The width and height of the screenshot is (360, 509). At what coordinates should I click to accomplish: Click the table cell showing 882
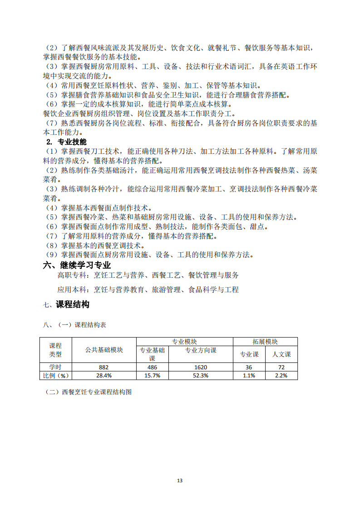104,367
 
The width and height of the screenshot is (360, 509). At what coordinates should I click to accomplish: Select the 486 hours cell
153,367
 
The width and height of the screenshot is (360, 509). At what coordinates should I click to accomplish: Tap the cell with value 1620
200,367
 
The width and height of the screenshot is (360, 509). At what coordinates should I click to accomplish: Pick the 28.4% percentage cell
104,376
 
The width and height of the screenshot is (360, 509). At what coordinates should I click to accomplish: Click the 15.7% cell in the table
153,376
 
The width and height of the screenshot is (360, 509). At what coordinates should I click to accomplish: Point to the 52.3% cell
200,376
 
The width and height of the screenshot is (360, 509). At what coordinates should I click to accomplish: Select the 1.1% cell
249,376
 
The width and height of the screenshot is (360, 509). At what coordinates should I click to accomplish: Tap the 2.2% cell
281,376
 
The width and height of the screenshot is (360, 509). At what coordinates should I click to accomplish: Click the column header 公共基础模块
104,350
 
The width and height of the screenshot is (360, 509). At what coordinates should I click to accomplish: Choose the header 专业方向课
200,351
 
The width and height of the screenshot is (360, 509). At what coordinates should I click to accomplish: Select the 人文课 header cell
281,354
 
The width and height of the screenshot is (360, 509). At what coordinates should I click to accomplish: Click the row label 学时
55,367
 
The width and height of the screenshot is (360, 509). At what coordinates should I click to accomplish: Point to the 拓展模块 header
265,342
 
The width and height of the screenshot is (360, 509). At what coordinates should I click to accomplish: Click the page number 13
180,480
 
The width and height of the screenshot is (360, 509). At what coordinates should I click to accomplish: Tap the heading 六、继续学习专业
77,265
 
